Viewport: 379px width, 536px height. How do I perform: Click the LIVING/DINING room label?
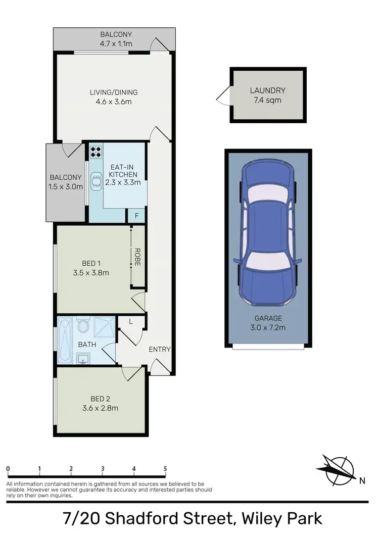click(113, 97)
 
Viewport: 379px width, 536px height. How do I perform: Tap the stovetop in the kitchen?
click(96, 152)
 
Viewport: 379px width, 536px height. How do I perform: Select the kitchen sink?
click(96, 181)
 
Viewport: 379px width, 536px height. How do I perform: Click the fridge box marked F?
click(136, 216)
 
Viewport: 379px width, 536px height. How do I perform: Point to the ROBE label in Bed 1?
click(137, 257)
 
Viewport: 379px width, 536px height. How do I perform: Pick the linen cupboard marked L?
click(131, 322)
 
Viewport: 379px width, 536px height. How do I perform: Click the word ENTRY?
click(159, 349)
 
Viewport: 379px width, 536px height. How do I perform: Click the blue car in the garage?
click(267, 232)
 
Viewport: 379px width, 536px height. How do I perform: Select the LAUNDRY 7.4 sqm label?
click(267, 95)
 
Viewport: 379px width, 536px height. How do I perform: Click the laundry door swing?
click(223, 95)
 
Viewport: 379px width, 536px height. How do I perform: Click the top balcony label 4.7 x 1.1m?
click(116, 39)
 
